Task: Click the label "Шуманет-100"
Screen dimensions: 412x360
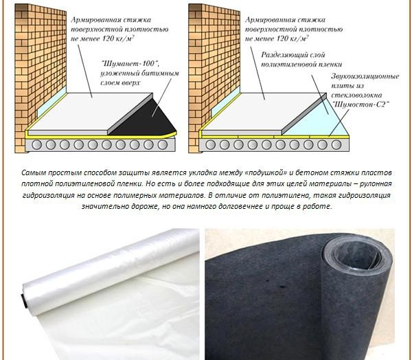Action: pos(130,64)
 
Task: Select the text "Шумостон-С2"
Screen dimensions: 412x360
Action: pos(360,104)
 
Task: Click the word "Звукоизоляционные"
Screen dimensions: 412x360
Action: pos(365,76)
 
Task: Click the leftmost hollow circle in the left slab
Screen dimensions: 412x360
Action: pos(36,145)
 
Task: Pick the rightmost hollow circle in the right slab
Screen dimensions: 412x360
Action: pos(336,145)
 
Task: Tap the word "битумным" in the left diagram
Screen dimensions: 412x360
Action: pos(160,73)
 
